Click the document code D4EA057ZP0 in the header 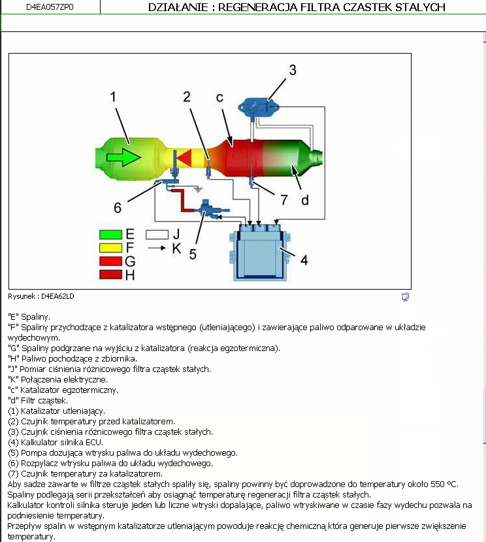point(50,7)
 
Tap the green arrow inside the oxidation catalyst point(123,157)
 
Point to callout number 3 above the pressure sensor point(293,69)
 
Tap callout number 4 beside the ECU point(304,260)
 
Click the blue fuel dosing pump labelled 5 point(209,210)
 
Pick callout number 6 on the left point(118,207)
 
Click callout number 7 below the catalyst point(283,198)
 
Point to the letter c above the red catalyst point(220,97)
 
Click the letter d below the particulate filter point(304,200)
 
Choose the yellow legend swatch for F point(112,248)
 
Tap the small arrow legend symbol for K point(157,248)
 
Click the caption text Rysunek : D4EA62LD point(41,296)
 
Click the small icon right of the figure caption point(405,297)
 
